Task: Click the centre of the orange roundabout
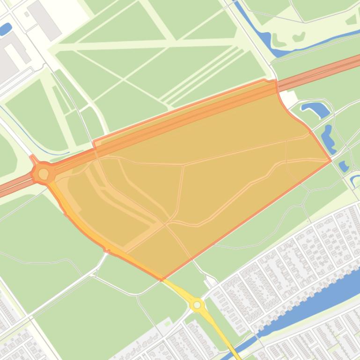coord(44,174)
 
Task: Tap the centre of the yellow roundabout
coord(197,305)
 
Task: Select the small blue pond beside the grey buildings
coord(6,29)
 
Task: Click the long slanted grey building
coord(44,20)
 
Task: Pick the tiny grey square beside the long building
coord(27,14)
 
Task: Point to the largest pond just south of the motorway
coord(316,110)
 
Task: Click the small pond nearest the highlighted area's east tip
coord(344,166)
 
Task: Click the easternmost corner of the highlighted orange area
coord(331,161)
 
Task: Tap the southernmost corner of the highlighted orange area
coord(162,280)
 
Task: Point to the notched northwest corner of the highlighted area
coord(94,143)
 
